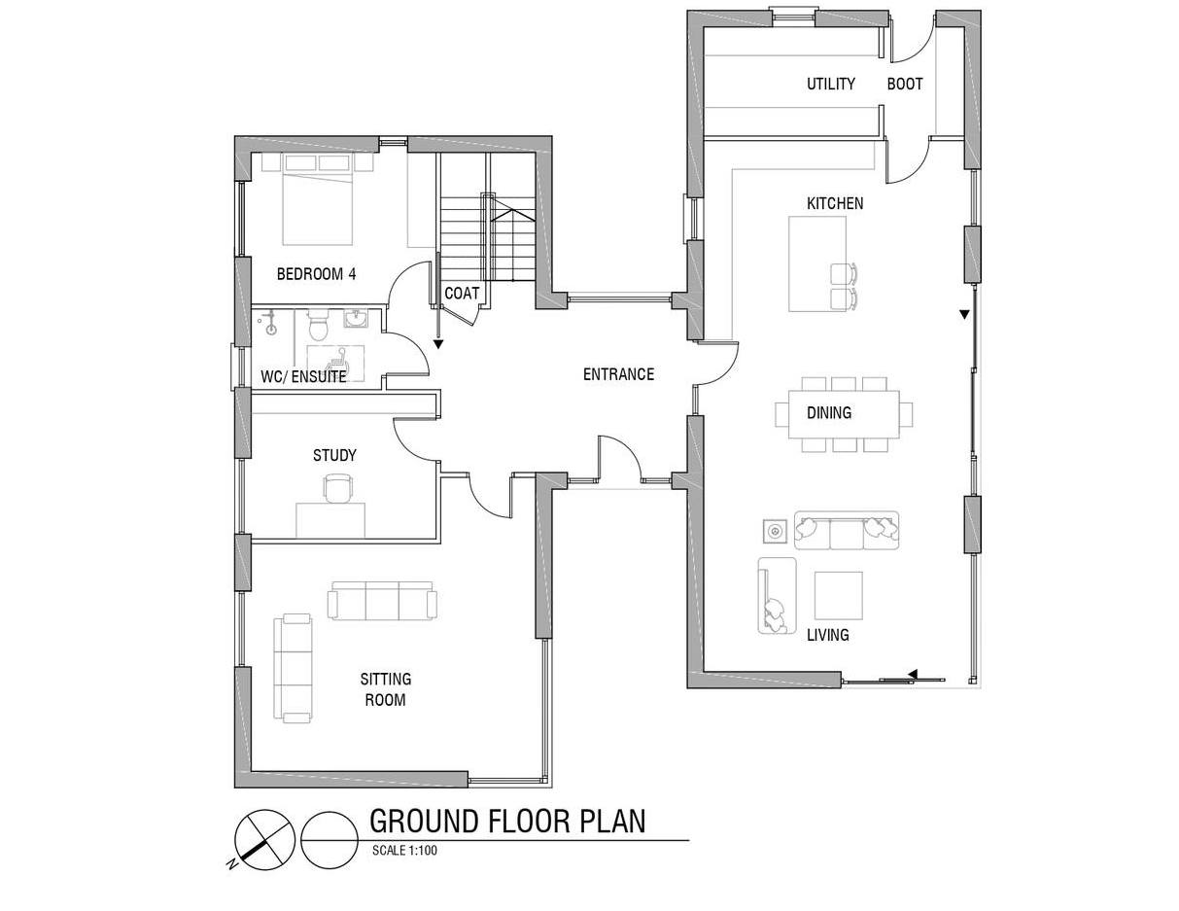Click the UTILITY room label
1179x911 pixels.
click(830, 85)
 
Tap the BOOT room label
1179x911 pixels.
click(905, 85)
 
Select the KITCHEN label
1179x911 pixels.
click(835, 203)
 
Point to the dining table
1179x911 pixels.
click(844, 414)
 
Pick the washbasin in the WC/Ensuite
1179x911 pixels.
click(356, 319)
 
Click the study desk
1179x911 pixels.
click(330, 519)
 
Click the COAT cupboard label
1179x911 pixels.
click(462, 294)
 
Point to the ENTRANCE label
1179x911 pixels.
click(618, 374)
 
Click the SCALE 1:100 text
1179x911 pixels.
click(404, 850)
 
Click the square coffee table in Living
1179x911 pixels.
click(838, 595)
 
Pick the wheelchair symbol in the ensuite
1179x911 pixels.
click(337, 358)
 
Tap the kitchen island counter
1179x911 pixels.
click(817, 263)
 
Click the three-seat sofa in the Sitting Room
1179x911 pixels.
click(382, 601)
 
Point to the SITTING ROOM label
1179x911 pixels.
click(385, 689)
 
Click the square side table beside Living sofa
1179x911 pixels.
click(775, 531)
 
